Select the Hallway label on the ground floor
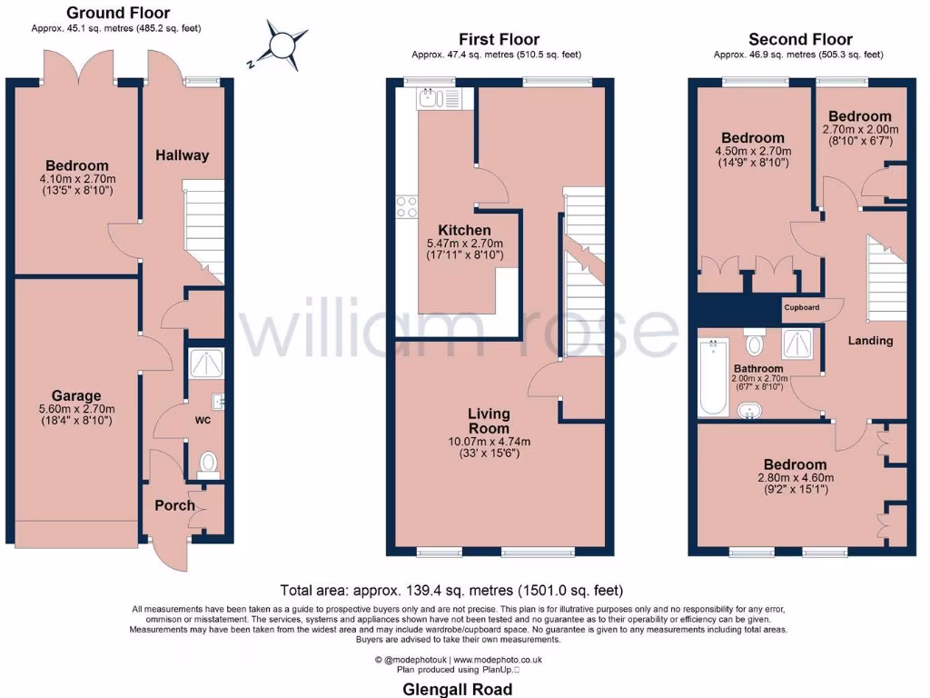[182, 155]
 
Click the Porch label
[174, 505]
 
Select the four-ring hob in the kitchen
[406, 207]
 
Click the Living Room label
[489, 421]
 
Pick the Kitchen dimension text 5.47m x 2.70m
[464, 244]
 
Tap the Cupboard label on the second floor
[801, 307]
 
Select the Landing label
[870, 341]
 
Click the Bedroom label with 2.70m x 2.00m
[859, 116]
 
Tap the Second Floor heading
[800, 39]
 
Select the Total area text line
[451, 590]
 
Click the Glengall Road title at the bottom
[457, 689]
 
